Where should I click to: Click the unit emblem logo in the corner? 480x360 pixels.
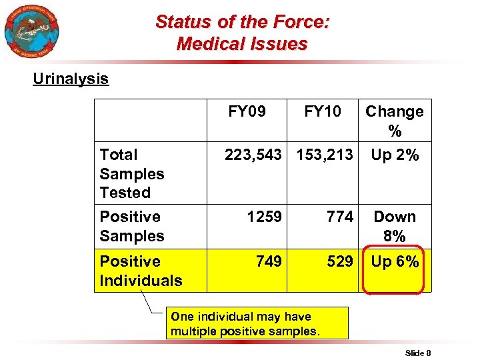pos(31,31)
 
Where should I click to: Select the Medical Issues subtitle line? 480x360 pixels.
pos(242,44)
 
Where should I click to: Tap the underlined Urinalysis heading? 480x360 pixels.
pos(71,79)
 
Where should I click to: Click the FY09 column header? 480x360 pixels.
pos(247,111)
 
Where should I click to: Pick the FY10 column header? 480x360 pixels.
pos(323,111)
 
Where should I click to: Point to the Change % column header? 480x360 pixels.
pos(395,121)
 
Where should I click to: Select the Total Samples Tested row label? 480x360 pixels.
pos(132,173)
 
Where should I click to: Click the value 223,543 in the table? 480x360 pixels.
pos(253,155)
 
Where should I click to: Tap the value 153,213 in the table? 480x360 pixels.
pos(325,155)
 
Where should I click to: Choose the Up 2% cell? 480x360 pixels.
pos(395,155)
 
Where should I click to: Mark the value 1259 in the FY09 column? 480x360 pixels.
pos(264,217)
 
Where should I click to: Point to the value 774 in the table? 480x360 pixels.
pos(339,217)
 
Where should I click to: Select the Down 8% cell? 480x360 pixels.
pos(395,226)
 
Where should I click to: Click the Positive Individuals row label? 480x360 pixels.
pos(141,271)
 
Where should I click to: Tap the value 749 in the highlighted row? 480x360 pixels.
pos(269,261)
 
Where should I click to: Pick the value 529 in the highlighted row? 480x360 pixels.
pos(339,261)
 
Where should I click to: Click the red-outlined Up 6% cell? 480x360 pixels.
pos(395,262)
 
